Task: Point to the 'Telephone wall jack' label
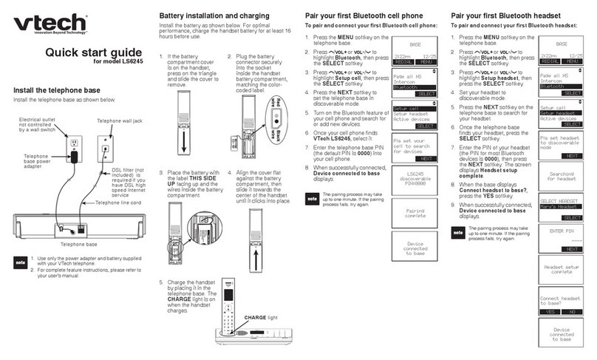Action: point(121,120)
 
